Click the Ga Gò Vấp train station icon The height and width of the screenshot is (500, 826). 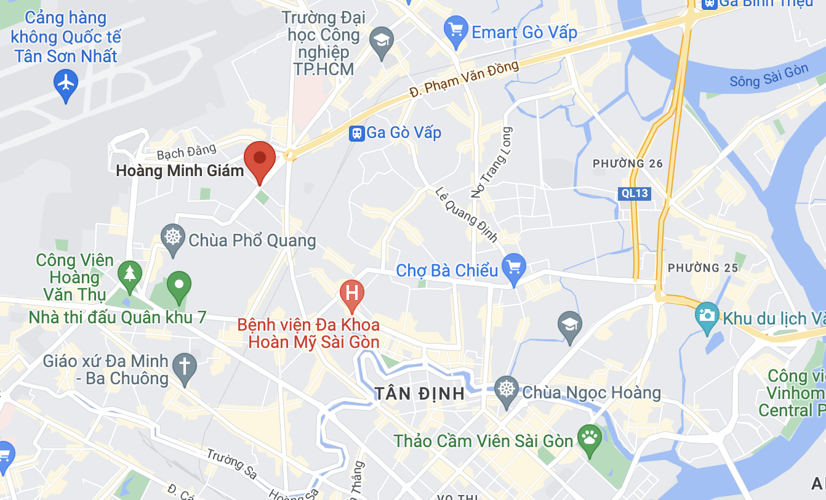356,133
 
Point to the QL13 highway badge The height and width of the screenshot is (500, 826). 634,193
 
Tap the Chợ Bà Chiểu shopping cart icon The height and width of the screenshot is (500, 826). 513,268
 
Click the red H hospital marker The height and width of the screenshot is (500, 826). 352,292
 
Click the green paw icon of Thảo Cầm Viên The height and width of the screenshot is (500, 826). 589,438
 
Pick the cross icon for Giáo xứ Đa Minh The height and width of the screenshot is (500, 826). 184,365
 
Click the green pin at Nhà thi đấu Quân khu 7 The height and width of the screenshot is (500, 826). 179,286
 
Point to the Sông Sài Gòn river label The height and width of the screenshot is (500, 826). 769,76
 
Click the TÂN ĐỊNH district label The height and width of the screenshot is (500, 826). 419,393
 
